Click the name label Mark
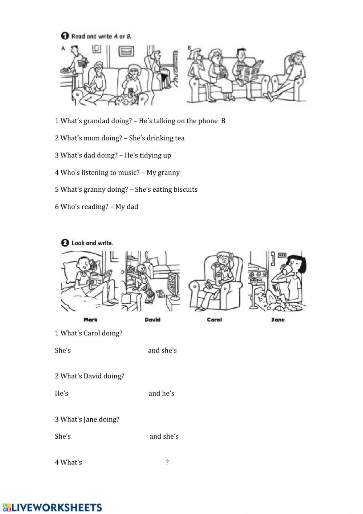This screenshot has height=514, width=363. (90, 320)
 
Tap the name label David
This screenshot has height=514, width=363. (152, 320)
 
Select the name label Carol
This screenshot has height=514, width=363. (214, 320)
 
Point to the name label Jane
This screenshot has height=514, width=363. (278, 320)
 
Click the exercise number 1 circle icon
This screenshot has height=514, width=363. (65, 36)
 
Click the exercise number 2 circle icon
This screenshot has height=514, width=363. (65, 243)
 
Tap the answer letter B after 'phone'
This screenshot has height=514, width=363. (223, 121)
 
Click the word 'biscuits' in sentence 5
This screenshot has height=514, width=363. (185, 190)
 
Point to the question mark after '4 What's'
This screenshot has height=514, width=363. (167, 462)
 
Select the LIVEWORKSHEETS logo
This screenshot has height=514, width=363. (52, 507)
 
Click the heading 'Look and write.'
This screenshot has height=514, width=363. (92, 243)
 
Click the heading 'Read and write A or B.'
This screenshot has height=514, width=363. (101, 36)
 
